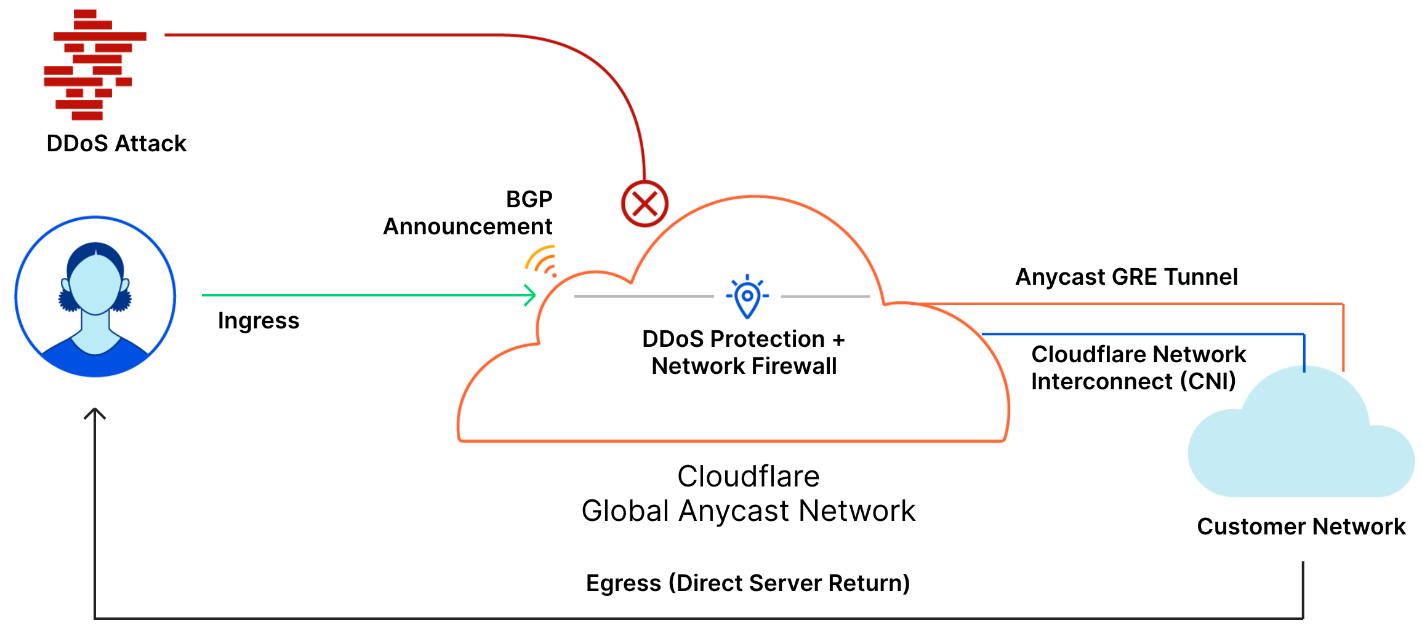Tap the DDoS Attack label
116,143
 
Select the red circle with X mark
645,204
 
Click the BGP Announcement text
468,213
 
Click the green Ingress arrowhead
530,295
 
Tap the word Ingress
259,320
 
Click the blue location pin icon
747,297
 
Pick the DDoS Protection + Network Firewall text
744,352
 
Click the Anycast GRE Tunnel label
1126,277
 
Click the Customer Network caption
1301,526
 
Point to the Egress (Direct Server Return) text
747,582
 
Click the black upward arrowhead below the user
95,413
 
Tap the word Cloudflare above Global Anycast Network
748,476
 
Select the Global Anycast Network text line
748,510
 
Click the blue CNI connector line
1139,334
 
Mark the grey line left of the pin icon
643,296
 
